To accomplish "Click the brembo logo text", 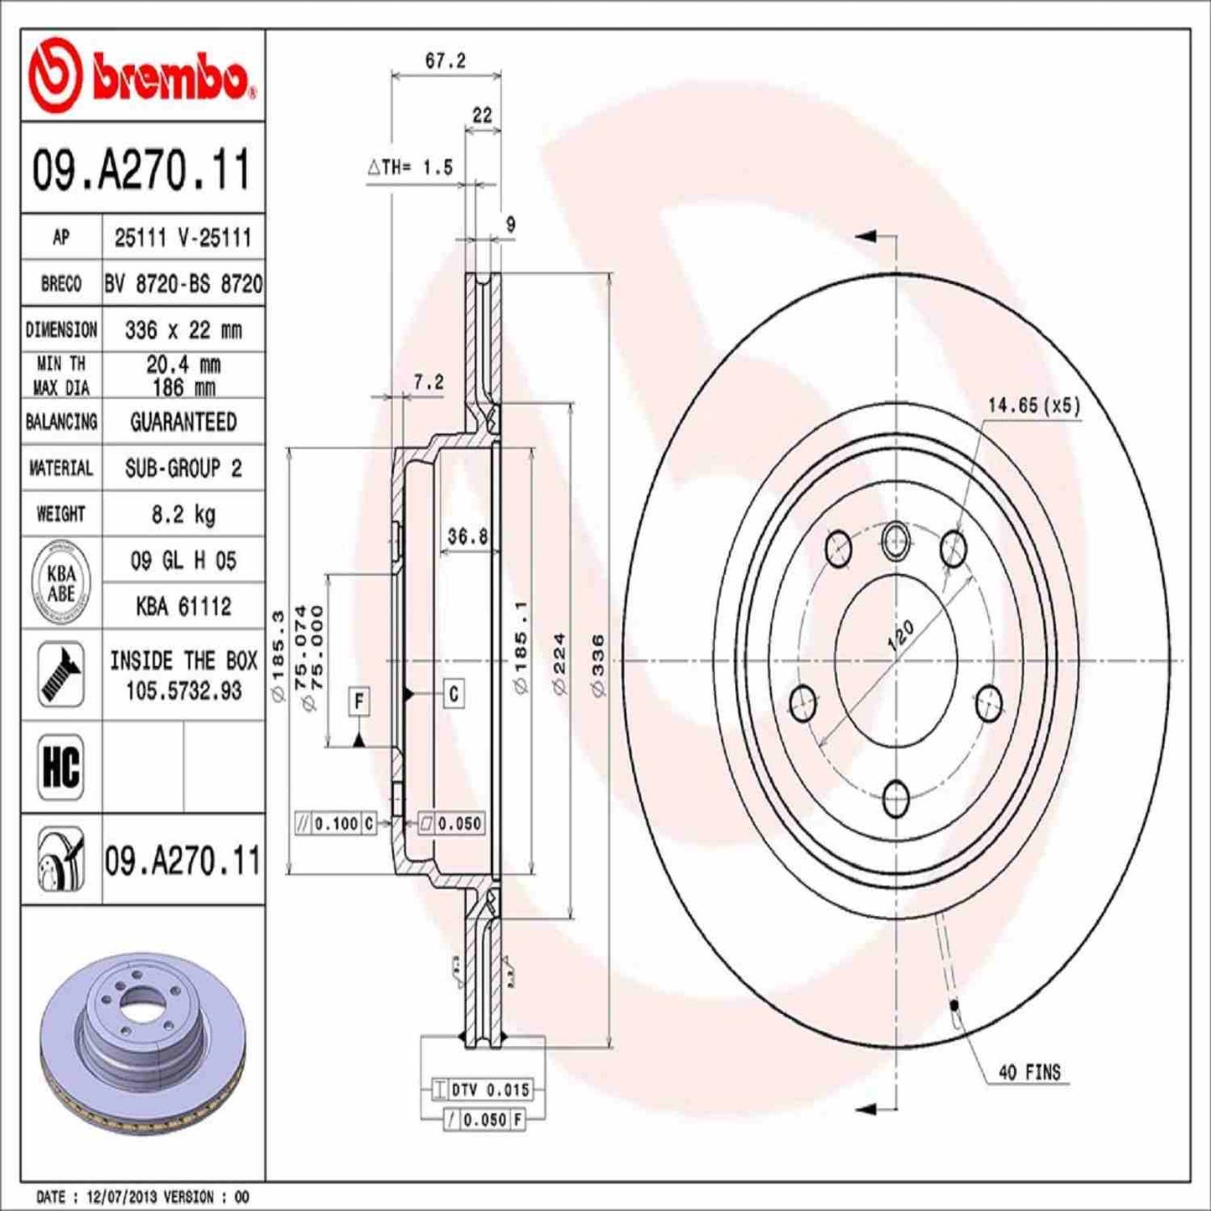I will [168, 80].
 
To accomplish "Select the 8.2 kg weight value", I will [183, 514].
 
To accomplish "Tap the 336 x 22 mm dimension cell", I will [183, 330].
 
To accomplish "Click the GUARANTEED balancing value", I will [183, 422].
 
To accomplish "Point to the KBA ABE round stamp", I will [60, 583].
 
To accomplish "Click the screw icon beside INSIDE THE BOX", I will [61, 675].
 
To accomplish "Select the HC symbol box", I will [61, 766].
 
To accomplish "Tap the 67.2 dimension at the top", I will [445, 61].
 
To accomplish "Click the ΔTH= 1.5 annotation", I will [411, 168].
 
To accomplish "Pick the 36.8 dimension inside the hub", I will [467, 536].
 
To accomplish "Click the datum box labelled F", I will [359, 701].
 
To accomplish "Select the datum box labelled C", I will [453, 694].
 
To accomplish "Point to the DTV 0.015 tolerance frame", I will [483, 1089].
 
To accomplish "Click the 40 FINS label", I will [1029, 1072].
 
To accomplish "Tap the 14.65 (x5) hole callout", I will [1033, 406].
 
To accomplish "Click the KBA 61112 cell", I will [183, 606].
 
